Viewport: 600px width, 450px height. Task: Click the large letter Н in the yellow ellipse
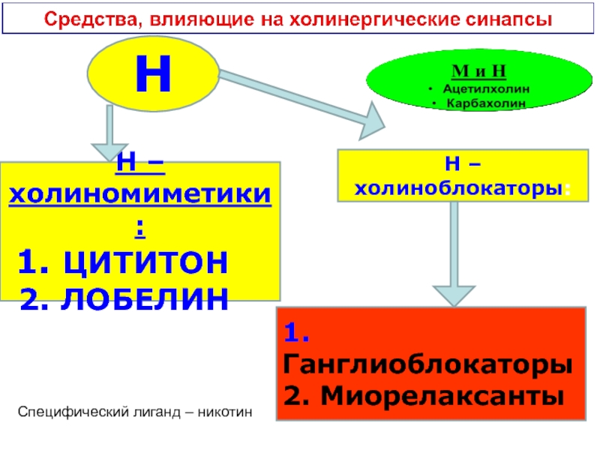tap(154, 72)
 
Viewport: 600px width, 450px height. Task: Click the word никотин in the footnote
tap(225, 412)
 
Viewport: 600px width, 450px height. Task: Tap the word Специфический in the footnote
tap(64, 412)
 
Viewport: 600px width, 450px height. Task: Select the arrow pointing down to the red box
tap(454, 255)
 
